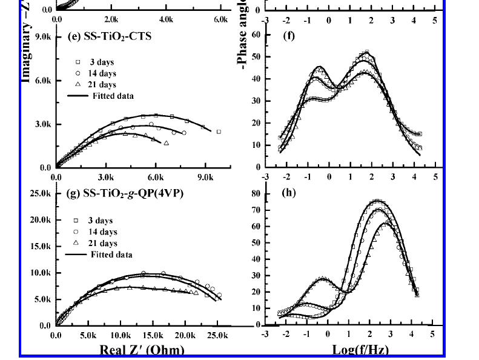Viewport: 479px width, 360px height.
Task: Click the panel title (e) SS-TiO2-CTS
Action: click(108, 36)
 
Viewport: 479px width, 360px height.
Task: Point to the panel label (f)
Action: click(289, 36)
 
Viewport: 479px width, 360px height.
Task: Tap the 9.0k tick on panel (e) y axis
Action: click(42, 36)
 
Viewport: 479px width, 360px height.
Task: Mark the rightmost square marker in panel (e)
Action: click(219, 132)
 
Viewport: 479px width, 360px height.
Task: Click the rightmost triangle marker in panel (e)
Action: click(166, 143)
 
